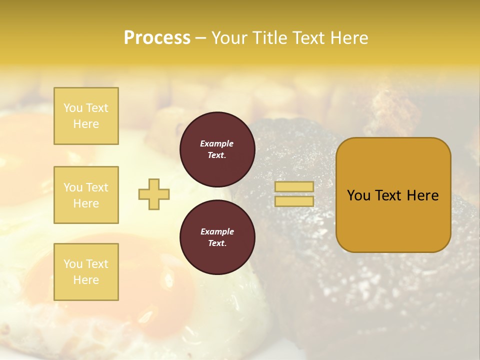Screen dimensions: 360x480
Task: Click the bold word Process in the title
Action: [x=157, y=38]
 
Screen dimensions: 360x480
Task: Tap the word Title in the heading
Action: [x=269, y=38]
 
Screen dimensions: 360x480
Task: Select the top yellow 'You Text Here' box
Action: [x=86, y=116]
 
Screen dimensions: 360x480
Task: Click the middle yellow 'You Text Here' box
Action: [x=86, y=195]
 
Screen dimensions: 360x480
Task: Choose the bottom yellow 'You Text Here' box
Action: [x=86, y=272]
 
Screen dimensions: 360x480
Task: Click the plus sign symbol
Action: [x=154, y=194]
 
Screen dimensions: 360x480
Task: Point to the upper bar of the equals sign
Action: [x=294, y=186]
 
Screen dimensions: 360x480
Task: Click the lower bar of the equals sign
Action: [x=294, y=201]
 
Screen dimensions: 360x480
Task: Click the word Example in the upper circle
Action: [x=216, y=143]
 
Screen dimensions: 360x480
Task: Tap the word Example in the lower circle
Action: [x=217, y=231]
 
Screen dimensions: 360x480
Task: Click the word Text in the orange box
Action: [x=388, y=195]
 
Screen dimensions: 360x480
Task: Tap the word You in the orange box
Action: [x=358, y=195]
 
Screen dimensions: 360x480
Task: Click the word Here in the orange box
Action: [x=422, y=195]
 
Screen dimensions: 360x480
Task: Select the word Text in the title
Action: [x=307, y=38]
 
